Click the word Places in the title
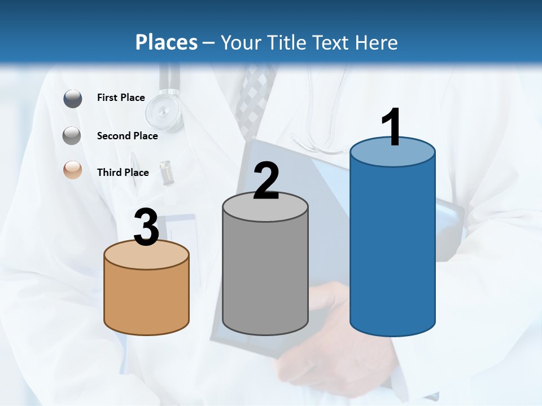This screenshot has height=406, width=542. [167, 42]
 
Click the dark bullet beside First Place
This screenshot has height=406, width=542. [73, 99]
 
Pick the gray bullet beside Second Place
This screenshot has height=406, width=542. [72, 136]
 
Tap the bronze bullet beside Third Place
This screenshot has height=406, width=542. [73, 170]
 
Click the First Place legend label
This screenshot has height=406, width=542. [121, 98]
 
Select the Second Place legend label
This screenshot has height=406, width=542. [127, 136]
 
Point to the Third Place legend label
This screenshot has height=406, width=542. [123, 173]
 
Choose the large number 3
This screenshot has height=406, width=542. [146, 227]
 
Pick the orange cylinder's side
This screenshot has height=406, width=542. [146, 299]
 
